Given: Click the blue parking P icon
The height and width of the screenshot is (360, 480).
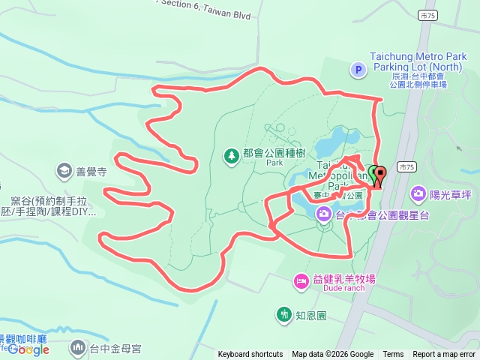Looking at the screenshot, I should pos(358,70).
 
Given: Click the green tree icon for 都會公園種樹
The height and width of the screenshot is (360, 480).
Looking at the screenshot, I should pos(232,155).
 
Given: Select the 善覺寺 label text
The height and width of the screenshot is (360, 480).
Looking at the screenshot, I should pos(89,172).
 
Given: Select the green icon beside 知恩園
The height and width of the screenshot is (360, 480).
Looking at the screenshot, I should pos(283,314).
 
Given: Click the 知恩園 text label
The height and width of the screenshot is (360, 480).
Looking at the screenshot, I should pos(311,315).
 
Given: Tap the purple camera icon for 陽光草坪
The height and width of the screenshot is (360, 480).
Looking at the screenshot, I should pos(418,194).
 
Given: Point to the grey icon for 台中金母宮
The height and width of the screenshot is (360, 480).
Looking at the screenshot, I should pos(78,347).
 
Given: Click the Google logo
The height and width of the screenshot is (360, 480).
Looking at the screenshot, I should pos(28,349).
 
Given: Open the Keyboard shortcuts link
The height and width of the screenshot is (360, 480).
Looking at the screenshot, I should pos(250,355).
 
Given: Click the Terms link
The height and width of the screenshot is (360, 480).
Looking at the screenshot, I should pos(393,355).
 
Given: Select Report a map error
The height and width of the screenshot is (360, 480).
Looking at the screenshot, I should pos(444,355).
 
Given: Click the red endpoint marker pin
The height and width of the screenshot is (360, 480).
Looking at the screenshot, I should pos(379,177).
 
